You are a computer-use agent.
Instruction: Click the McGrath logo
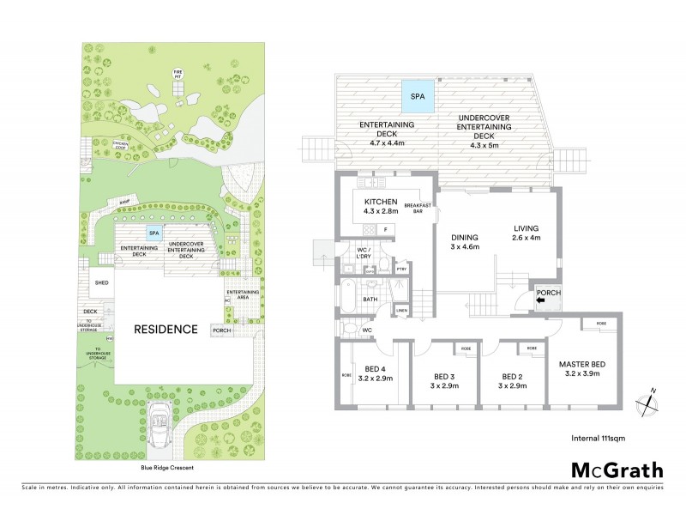pos(617,470)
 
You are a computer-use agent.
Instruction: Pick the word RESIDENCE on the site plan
pos(165,330)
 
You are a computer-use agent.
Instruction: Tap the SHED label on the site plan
pos(101,282)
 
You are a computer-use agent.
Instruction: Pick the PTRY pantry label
pos(401,270)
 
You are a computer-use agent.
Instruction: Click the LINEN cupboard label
pos(401,311)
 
